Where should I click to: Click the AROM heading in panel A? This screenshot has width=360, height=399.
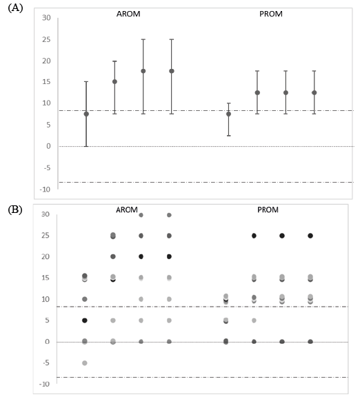pyautogui.click(x=128, y=14)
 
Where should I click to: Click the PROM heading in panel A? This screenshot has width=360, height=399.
pyautogui.click(x=271, y=14)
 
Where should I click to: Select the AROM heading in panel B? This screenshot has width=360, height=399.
pyautogui.click(x=127, y=209)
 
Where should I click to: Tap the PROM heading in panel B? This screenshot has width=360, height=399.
pyautogui.click(x=268, y=209)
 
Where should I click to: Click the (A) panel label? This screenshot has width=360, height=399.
pyautogui.click(x=15, y=8)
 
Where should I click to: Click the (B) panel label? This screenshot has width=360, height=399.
pyautogui.click(x=15, y=210)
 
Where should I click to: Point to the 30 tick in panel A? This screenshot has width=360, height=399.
pyautogui.click(x=46, y=18)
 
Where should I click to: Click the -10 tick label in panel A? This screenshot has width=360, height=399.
pyautogui.click(x=45, y=190)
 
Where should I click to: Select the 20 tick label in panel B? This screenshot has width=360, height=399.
pyautogui.click(x=46, y=256)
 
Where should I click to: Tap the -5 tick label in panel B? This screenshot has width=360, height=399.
pyautogui.click(x=46, y=362)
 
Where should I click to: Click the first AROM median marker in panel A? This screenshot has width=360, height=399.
pyautogui.click(x=86, y=114)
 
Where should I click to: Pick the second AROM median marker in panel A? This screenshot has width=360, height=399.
pyautogui.click(x=114, y=82)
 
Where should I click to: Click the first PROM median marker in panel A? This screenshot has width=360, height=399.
pyautogui.click(x=229, y=114)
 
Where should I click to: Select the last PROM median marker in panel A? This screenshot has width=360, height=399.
pyautogui.click(x=314, y=92)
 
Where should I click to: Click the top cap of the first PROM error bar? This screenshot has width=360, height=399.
pyautogui.click(x=229, y=103)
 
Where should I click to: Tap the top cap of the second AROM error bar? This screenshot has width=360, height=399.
pyautogui.click(x=114, y=61)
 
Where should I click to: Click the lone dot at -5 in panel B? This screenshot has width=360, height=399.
pyautogui.click(x=85, y=363)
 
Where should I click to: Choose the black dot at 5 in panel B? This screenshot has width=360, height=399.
pyautogui.click(x=85, y=320)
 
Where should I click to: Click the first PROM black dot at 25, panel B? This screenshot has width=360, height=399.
pyautogui.click(x=254, y=236)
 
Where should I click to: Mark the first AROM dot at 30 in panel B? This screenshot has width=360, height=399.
pyautogui.click(x=141, y=215)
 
